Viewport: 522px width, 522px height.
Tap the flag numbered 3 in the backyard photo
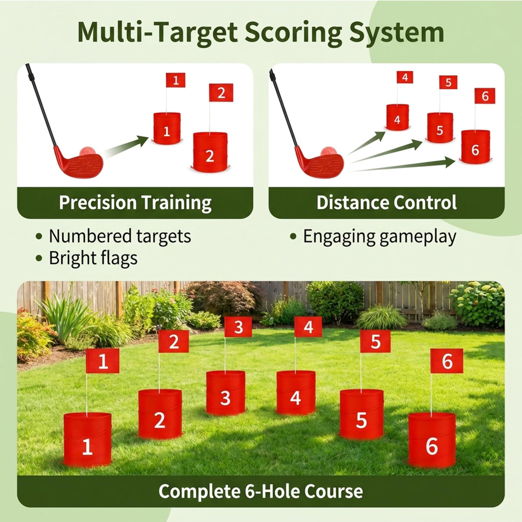click(238, 327)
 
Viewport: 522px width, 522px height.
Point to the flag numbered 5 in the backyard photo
click(375, 341)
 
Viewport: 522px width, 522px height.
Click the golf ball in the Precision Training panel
click(87, 151)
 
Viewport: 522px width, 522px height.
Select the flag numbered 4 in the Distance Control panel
click(405, 77)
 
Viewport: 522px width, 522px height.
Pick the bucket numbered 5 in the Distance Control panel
click(440, 127)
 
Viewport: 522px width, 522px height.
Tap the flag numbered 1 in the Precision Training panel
click(176, 80)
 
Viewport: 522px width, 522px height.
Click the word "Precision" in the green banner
click(98, 203)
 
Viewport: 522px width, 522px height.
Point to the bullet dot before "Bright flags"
click(39, 258)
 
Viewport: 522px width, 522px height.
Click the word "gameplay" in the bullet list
click(418, 237)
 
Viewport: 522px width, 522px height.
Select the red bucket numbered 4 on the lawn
click(296, 392)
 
